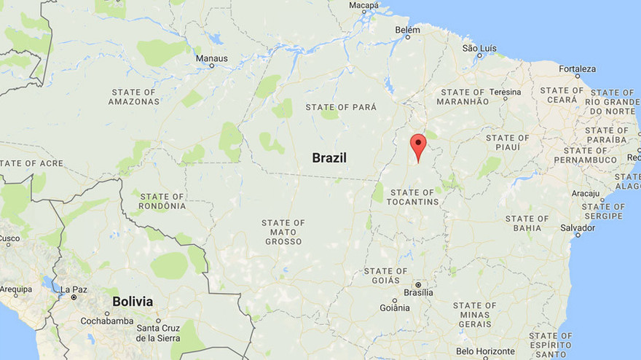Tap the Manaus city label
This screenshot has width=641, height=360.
point(212,58)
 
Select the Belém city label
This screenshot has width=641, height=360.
point(407,30)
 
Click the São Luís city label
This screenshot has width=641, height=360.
point(479,48)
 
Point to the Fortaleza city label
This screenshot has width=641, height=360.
point(577,69)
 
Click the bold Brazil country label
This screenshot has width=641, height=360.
point(329,157)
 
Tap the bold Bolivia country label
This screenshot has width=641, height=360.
point(133,301)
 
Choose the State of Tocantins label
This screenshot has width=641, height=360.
point(413,197)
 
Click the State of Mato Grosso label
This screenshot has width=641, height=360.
point(283,232)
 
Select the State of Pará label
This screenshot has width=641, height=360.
point(341,107)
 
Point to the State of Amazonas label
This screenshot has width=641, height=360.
point(134,97)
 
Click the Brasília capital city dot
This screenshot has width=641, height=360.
point(418,284)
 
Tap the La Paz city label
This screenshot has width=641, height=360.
point(74,290)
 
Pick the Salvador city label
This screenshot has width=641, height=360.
point(577,228)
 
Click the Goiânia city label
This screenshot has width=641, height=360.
point(394,308)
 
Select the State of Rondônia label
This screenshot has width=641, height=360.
point(162,201)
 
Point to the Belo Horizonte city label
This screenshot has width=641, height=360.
point(486,351)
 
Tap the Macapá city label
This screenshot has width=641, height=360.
point(363,5)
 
